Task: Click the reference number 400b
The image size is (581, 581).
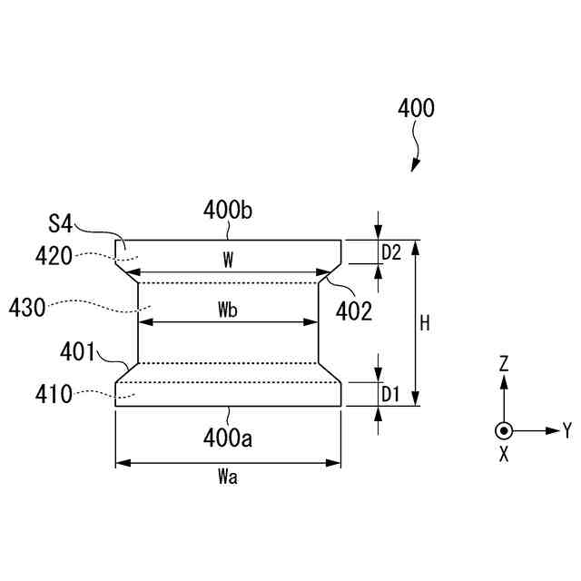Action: tap(228, 212)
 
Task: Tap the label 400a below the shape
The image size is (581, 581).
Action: tap(228, 439)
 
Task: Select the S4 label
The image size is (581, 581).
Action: tap(61, 222)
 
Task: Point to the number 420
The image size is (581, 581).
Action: tap(54, 257)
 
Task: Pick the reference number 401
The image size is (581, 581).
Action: tap(79, 350)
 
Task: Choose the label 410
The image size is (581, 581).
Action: tap(54, 394)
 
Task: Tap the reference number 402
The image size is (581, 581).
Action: tap(354, 311)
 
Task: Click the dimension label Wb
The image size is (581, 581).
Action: tap(228, 310)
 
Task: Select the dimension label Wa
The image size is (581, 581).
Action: tap(228, 478)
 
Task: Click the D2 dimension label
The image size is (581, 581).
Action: tap(391, 252)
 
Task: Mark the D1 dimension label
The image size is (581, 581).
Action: tap(391, 394)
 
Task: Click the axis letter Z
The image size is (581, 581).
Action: tap(504, 364)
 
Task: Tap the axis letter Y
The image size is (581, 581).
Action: tap(567, 429)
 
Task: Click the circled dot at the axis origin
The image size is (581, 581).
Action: tap(504, 430)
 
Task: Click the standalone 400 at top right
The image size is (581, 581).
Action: tap(416, 108)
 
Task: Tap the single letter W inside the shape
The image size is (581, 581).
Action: tap(229, 261)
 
